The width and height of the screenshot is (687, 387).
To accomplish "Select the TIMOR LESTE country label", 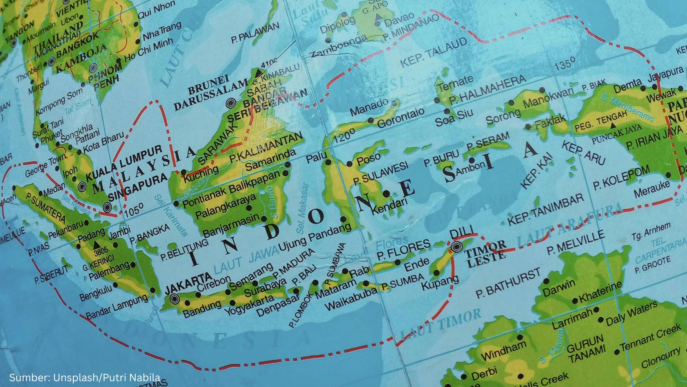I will tap(486, 250).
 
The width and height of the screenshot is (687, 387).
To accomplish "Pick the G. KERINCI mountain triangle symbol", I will tap(96, 245).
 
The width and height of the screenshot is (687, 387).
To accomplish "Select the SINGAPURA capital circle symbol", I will tap(107, 207).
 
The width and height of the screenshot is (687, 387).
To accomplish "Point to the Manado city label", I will tap(369, 107).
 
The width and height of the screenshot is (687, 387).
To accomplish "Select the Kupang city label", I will tap(440, 283).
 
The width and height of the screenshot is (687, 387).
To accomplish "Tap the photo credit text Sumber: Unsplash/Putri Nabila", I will tap(85, 377).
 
